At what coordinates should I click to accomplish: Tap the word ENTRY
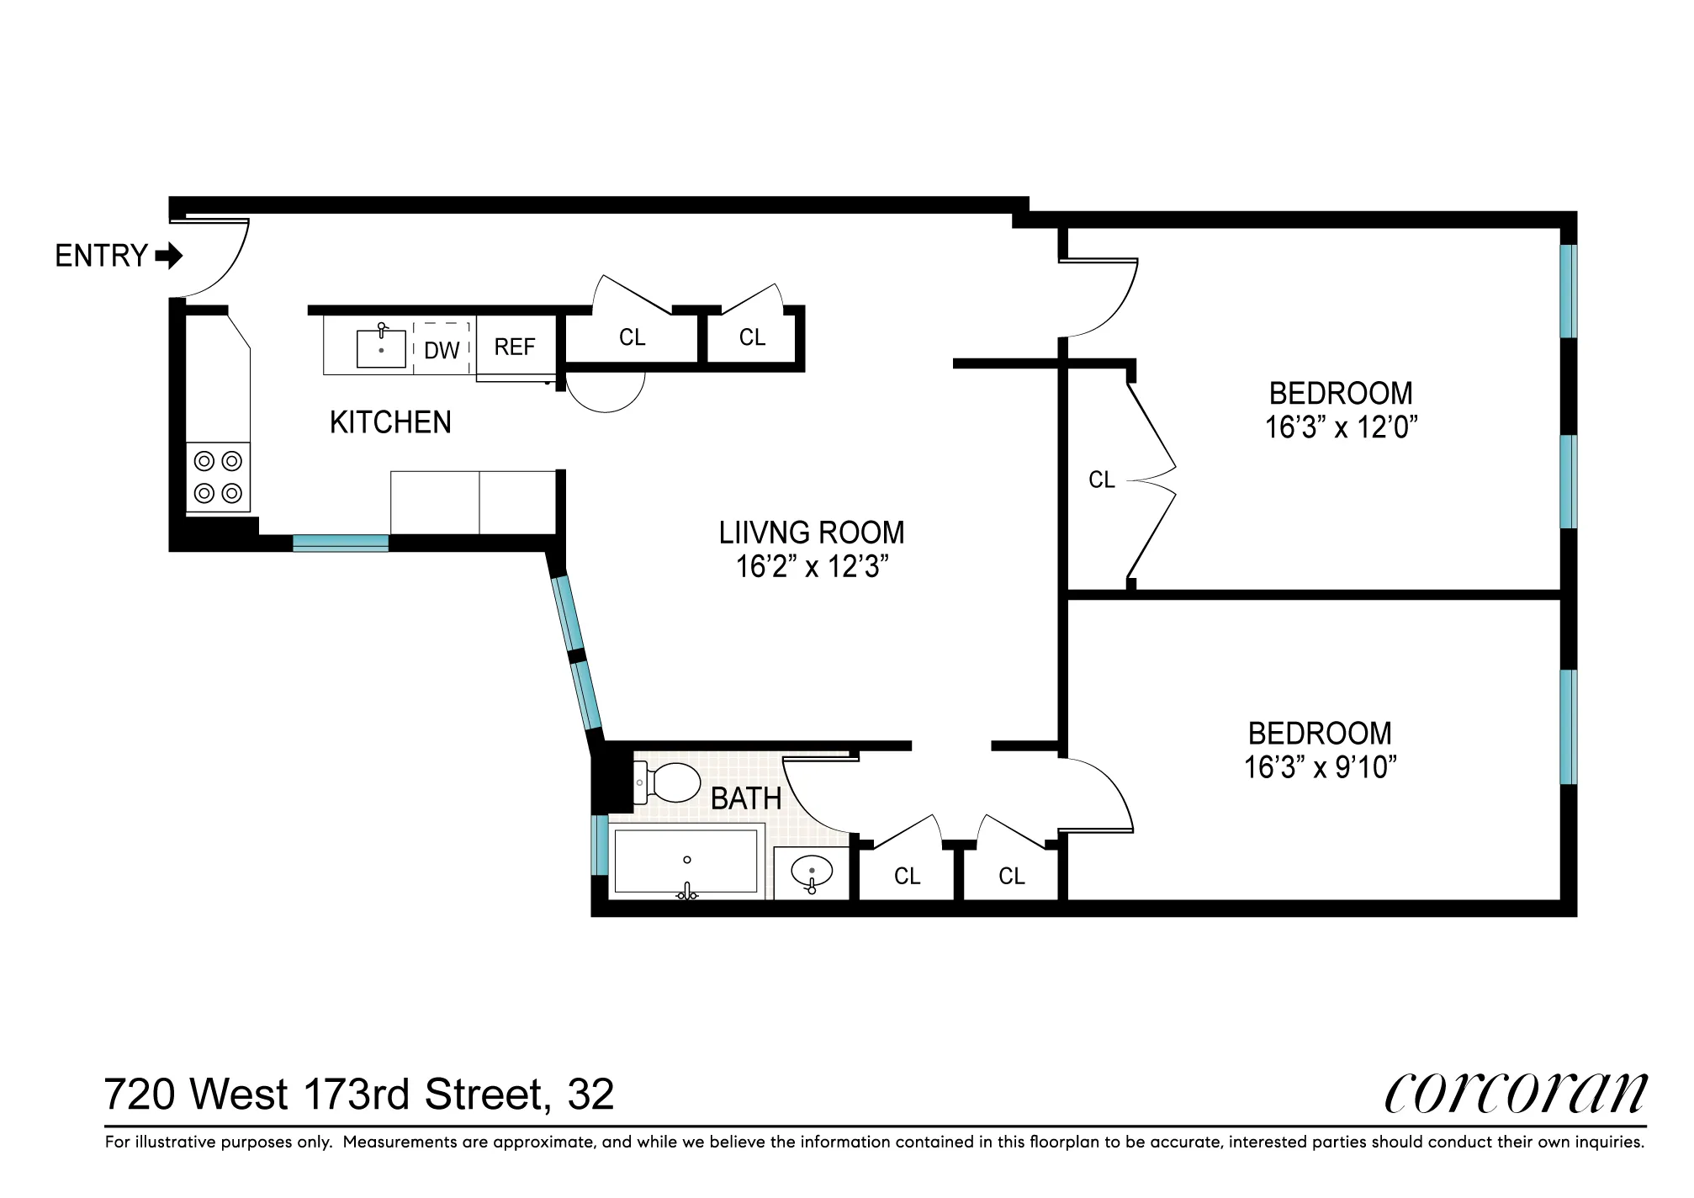102,256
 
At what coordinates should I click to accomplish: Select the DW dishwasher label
442,350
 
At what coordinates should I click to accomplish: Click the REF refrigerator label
515,347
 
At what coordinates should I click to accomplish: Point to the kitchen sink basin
381,348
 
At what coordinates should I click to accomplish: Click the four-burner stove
218,477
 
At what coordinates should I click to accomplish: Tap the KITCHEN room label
390,422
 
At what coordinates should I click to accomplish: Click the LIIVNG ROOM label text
812,533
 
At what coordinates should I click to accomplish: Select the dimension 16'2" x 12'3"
813,568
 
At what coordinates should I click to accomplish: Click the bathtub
686,861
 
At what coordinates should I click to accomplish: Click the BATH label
746,798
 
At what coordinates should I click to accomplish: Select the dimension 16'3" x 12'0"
1341,428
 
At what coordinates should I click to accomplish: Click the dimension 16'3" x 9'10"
1320,767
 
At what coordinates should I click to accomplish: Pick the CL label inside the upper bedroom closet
1101,480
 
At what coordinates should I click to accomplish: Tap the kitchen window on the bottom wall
341,543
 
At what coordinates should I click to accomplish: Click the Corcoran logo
1515,1094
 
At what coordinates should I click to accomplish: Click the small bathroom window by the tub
600,845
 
